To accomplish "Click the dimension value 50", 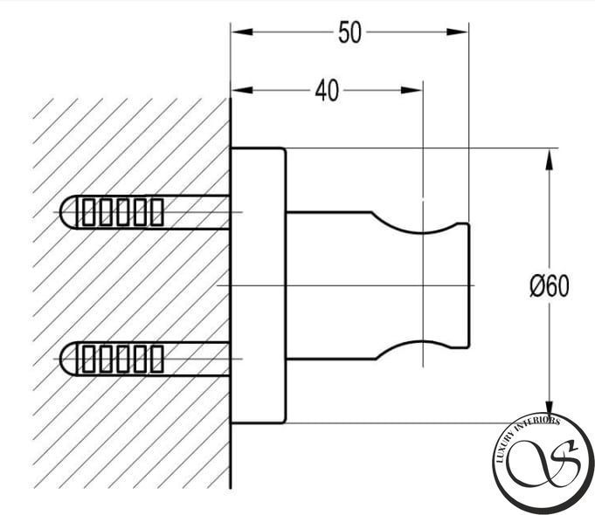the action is coord(349,32).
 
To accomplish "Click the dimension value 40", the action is coord(327,91).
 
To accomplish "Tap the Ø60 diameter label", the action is coord(549,286).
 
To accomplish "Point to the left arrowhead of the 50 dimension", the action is coord(242,31).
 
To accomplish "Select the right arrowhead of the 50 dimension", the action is coord(457,31).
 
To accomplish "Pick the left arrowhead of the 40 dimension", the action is coord(242,90).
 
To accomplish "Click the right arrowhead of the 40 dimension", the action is coord(412,90).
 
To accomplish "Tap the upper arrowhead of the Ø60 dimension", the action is coord(549,159).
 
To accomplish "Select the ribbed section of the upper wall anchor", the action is coord(122,212).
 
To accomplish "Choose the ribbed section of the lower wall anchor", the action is coord(122,359).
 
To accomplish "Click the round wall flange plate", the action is coord(259,285).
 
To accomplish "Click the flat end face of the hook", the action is coord(469,285).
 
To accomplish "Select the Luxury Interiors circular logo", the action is coord(543,463).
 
